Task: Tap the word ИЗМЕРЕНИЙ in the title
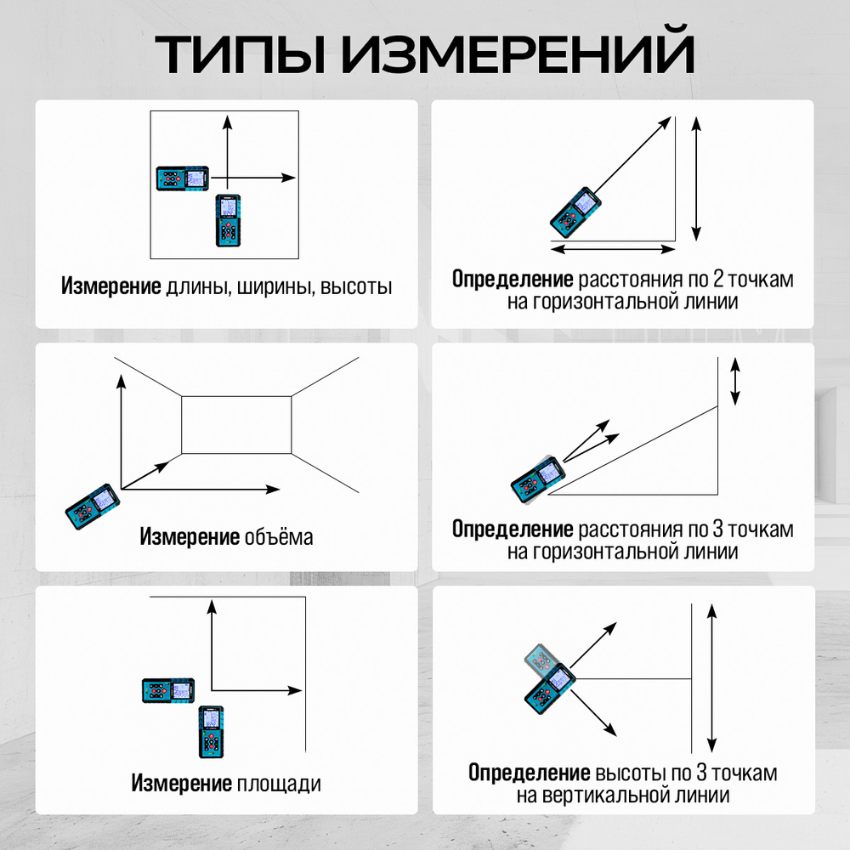(x=520, y=53)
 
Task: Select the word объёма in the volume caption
(x=279, y=537)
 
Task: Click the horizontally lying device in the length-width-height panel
(x=183, y=178)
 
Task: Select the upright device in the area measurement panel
(x=211, y=731)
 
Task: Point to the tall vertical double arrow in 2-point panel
(x=696, y=179)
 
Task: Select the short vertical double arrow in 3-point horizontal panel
(x=735, y=382)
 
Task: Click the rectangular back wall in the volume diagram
(x=237, y=425)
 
